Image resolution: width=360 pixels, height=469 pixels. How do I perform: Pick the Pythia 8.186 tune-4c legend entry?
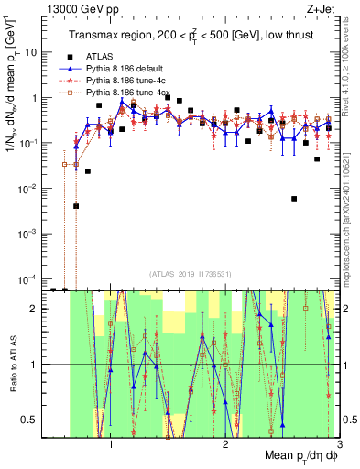coord(124,81)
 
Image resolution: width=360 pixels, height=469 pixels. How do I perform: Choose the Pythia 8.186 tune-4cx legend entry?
coord(125,93)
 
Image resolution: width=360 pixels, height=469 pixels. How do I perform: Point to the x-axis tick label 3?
coord(338,441)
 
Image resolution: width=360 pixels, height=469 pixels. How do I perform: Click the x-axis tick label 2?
coord(225,441)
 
